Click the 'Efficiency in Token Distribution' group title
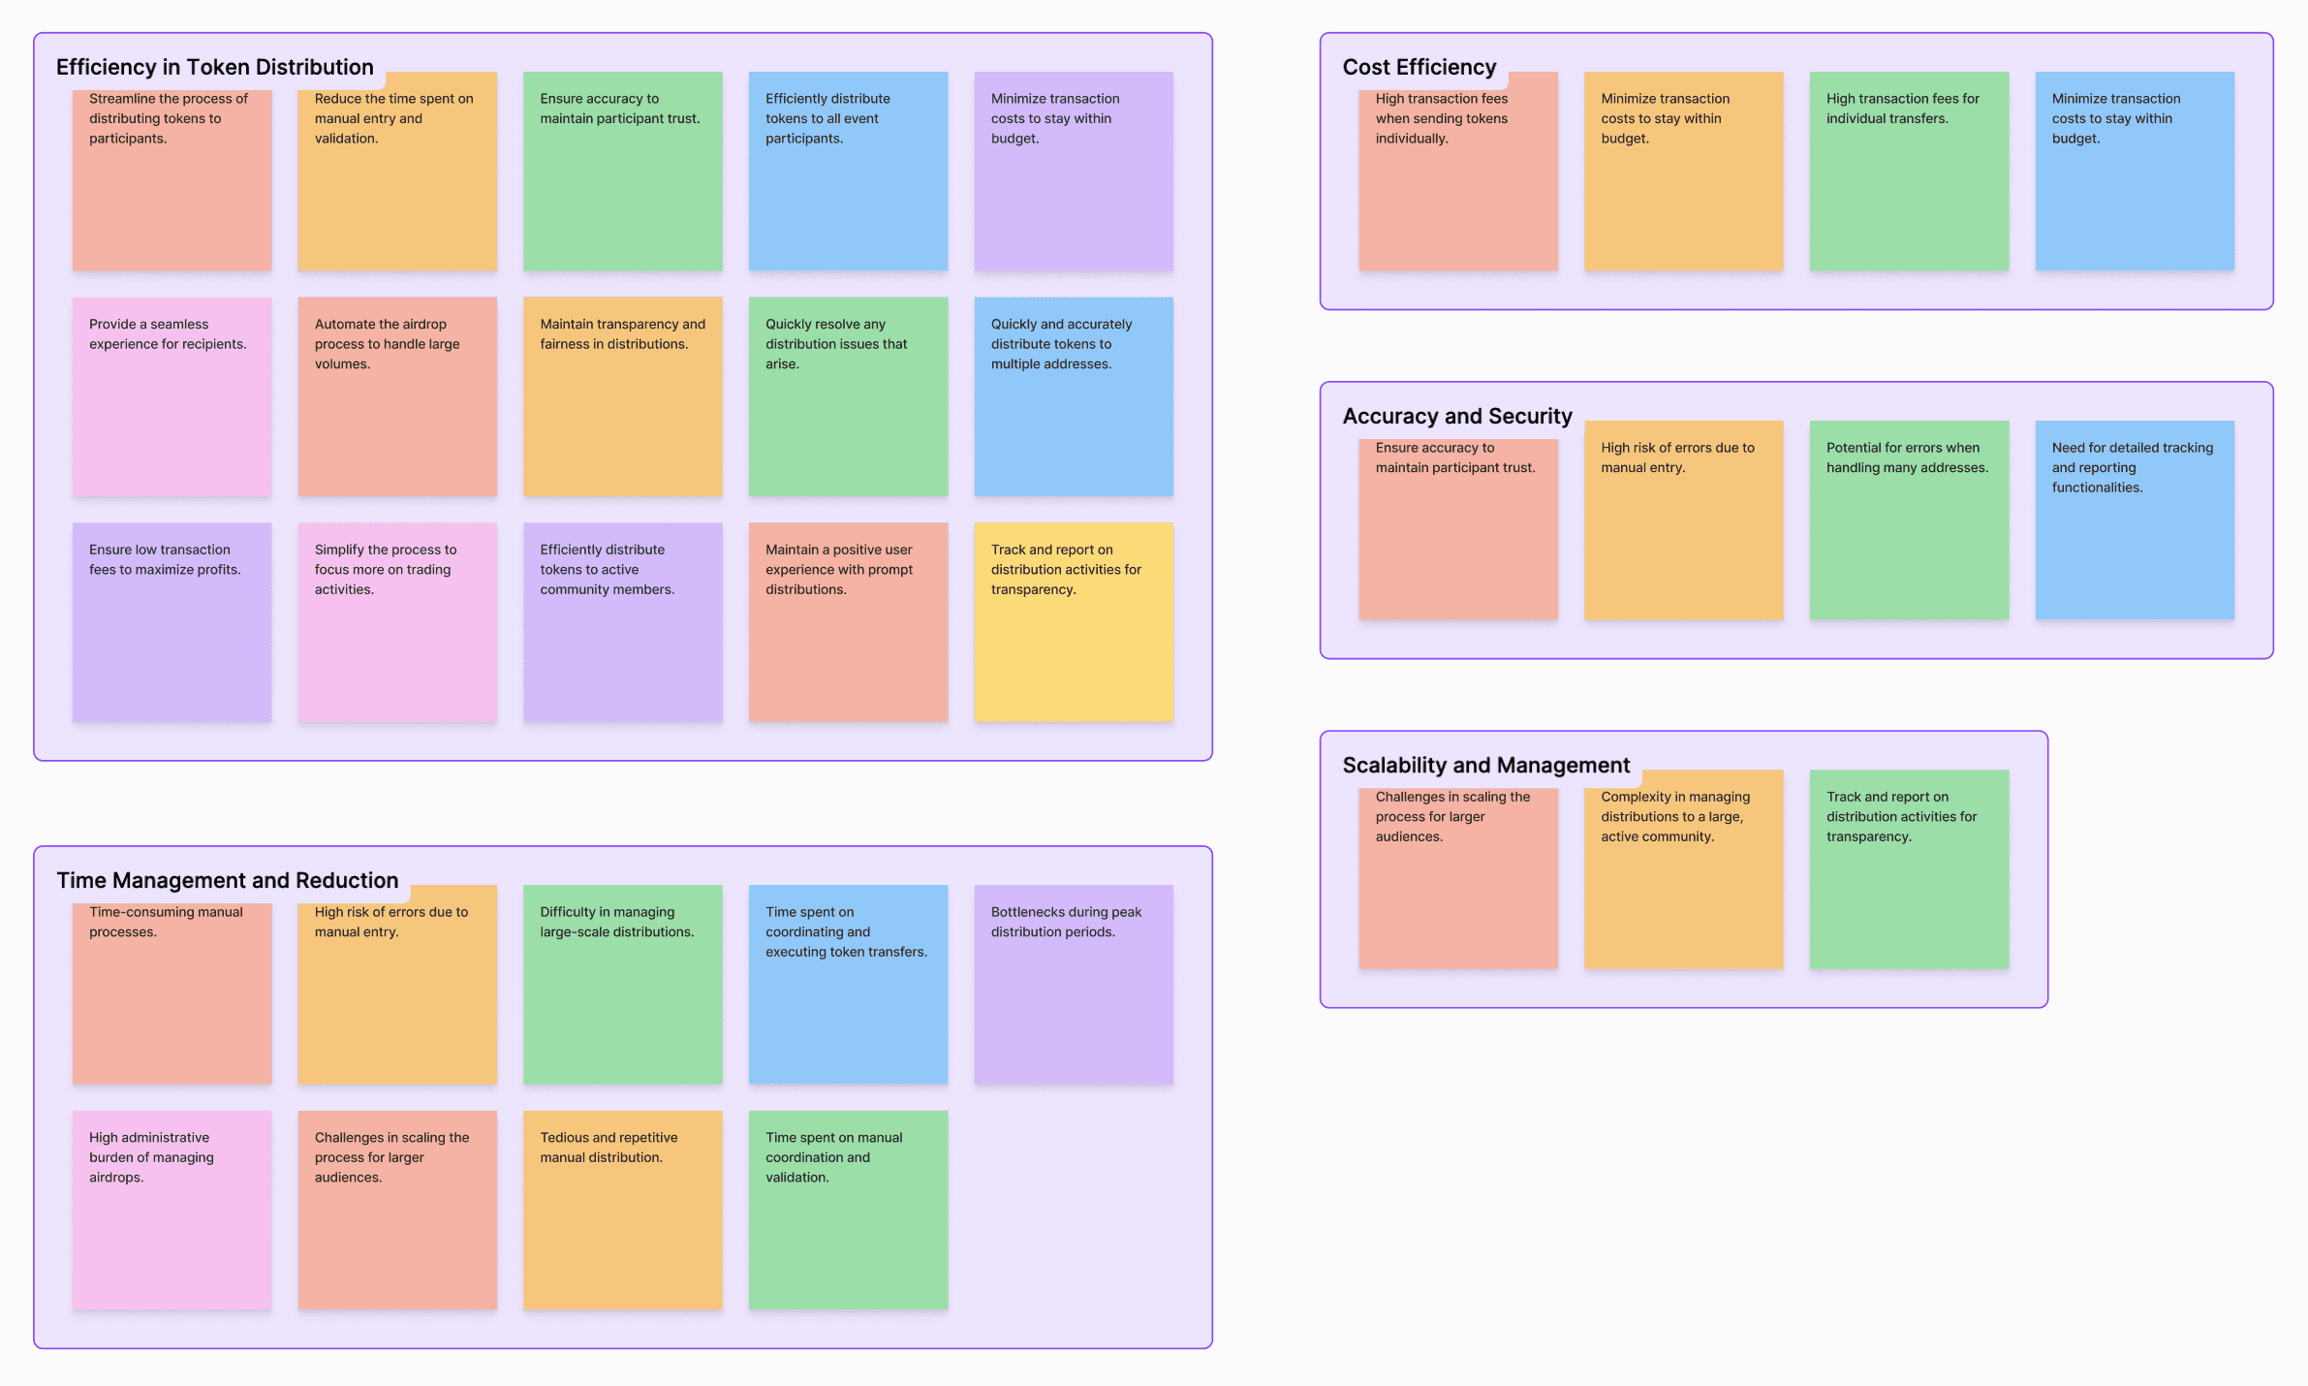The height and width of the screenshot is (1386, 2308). click(214, 67)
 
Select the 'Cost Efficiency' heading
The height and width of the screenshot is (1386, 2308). click(1419, 67)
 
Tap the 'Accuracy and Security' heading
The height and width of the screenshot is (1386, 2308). click(1456, 416)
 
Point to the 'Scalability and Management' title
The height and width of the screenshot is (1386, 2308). click(1485, 765)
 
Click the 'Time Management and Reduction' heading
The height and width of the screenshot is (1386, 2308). click(227, 880)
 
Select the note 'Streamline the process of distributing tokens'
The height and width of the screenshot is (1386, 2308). click(172, 174)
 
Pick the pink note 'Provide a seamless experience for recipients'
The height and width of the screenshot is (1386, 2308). click(172, 396)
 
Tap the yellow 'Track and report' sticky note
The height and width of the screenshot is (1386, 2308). click(1073, 622)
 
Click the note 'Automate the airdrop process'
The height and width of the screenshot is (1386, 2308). click(396, 396)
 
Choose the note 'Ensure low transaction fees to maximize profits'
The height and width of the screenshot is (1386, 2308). click(172, 622)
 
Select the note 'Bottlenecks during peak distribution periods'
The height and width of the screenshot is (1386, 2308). click(1073, 984)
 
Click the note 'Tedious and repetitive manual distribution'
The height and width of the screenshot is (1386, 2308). click(622, 1210)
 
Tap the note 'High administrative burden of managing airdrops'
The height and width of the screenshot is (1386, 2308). click(172, 1210)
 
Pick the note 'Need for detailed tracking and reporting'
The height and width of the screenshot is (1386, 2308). click(2134, 520)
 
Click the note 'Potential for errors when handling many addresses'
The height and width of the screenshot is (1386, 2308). click(1908, 520)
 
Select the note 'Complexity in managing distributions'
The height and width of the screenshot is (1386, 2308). click(1683, 869)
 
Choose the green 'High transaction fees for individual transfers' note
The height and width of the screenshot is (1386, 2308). click(1908, 172)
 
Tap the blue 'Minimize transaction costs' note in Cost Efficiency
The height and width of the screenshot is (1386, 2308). click(2134, 172)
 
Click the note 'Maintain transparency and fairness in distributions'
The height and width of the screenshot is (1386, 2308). click(622, 396)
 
